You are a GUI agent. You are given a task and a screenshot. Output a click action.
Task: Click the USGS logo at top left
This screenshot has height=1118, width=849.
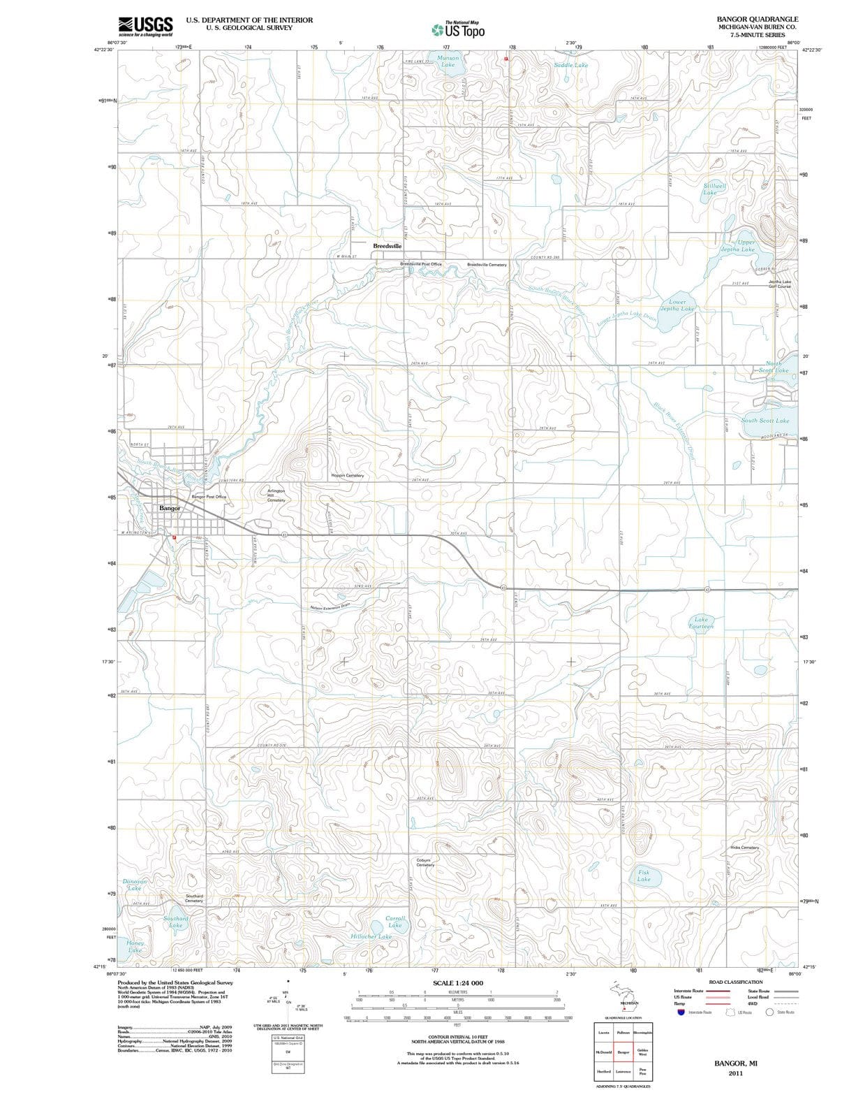click(145, 27)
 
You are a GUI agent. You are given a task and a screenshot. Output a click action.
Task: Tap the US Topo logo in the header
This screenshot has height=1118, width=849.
click(459, 29)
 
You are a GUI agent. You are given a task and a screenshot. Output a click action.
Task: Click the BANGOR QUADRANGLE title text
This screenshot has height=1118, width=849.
click(757, 19)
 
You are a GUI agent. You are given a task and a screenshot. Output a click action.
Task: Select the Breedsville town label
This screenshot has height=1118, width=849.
click(387, 246)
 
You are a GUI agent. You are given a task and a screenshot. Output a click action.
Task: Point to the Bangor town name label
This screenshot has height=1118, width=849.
click(170, 508)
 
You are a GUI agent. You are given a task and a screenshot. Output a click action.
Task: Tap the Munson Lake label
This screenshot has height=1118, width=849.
click(448, 61)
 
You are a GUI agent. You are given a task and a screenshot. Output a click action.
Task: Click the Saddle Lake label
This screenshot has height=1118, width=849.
click(570, 65)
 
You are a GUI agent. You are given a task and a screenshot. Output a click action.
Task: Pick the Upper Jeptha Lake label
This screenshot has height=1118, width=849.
click(738, 246)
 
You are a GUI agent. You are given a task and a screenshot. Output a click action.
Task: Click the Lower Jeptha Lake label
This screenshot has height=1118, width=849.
click(677, 305)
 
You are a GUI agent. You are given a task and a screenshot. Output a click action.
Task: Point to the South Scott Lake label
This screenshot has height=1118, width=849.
click(765, 421)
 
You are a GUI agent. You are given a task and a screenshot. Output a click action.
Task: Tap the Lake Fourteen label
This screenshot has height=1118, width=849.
click(701, 623)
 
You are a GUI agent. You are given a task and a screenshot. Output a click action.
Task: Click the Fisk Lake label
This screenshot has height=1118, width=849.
click(643, 876)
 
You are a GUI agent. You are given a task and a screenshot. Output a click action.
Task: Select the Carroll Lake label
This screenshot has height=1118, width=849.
click(394, 922)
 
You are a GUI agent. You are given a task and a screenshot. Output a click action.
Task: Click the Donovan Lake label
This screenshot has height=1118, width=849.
click(135, 885)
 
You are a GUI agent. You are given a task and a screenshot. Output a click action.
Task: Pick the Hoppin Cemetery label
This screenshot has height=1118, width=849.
click(347, 475)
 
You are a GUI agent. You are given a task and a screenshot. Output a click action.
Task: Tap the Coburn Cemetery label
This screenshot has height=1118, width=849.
click(425, 862)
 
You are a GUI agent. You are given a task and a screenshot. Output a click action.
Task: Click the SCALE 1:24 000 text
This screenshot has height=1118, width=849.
click(458, 983)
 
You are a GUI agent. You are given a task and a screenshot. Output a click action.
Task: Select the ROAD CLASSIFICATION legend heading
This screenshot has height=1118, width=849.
click(735, 982)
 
